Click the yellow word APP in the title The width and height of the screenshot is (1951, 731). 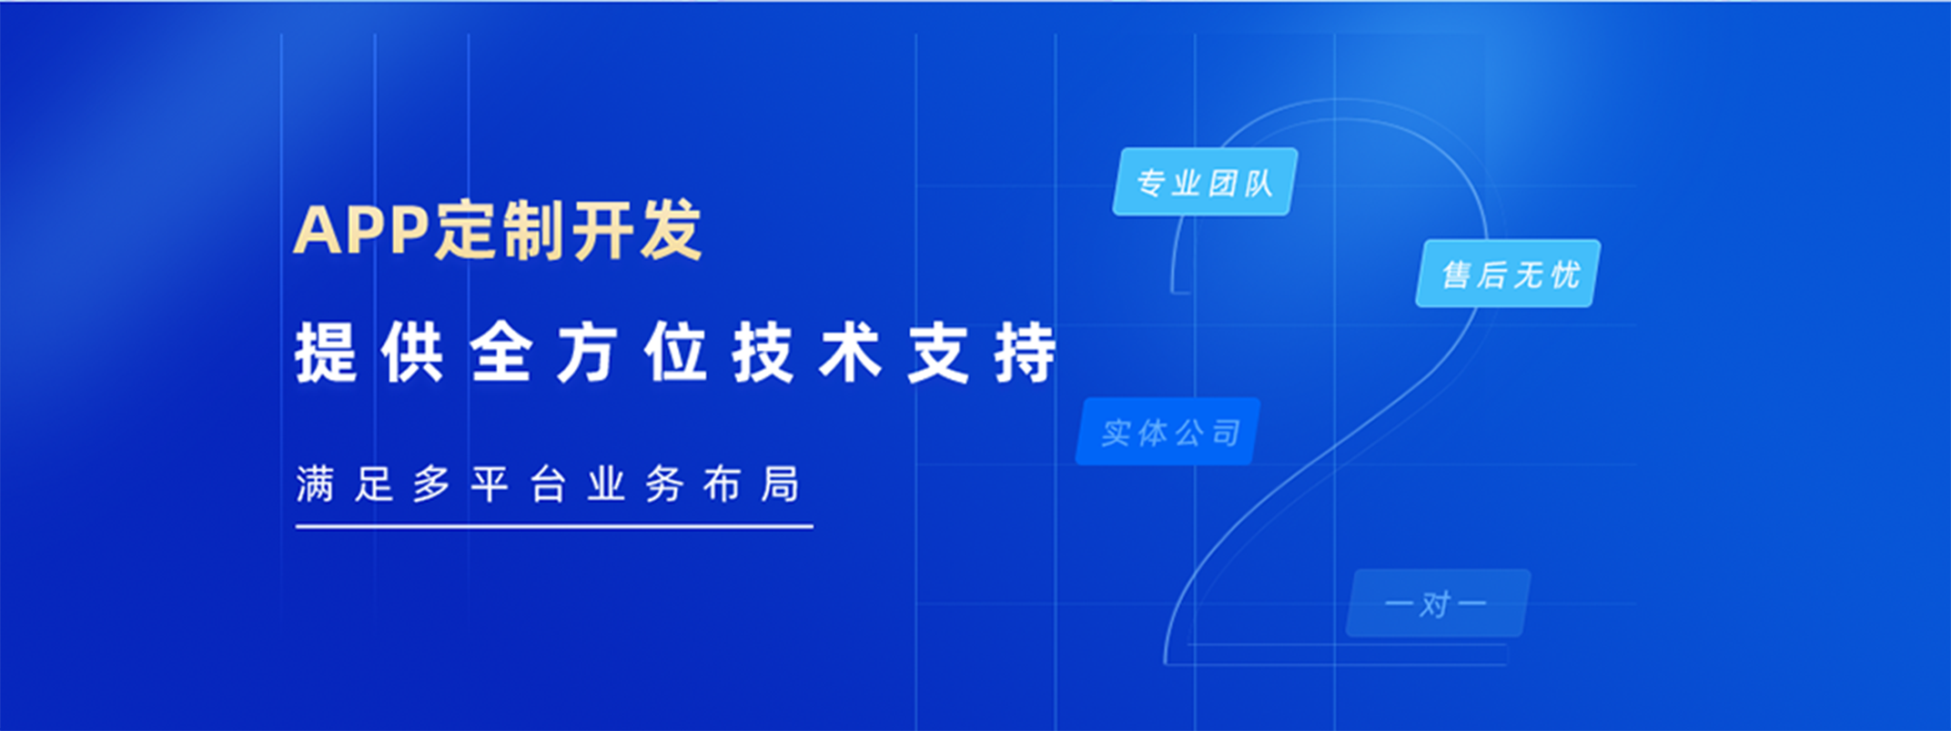362,230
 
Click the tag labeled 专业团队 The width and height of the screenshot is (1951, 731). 1205,182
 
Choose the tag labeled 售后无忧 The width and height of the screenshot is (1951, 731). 1508,273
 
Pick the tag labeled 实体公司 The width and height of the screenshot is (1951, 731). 1168,432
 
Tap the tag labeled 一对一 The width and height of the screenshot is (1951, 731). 1438,603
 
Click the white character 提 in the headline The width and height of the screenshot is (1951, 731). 326,353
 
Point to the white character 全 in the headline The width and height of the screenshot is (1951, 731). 500,353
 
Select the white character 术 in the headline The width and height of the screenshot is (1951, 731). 850,353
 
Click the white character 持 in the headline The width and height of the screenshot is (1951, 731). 1026,353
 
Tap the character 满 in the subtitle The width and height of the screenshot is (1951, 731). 316,484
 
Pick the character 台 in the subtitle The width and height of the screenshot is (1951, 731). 548,484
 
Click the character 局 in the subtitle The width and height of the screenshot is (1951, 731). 781,484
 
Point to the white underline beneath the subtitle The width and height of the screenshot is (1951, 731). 554,526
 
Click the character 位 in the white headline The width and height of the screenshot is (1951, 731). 675,353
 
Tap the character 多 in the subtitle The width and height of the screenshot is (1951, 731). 431,484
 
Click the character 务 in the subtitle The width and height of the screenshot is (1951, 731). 664,484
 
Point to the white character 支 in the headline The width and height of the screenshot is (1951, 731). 937,353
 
